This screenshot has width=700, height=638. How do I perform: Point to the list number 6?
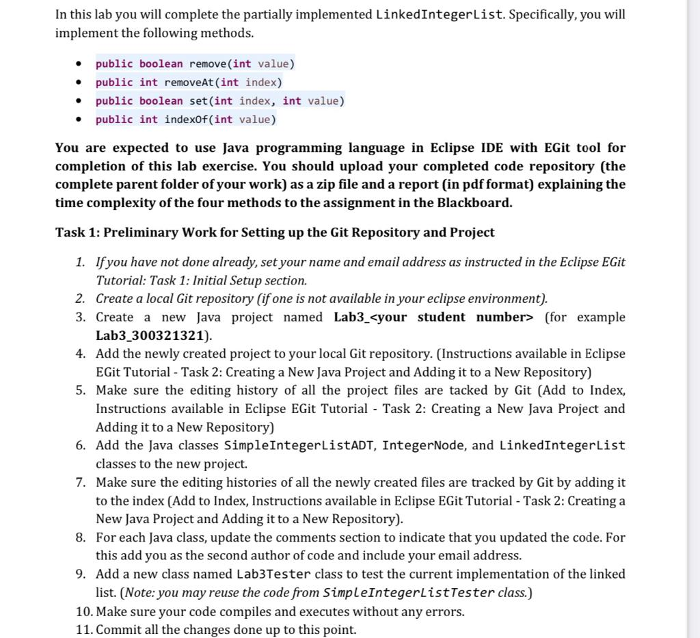(x=81, y=446)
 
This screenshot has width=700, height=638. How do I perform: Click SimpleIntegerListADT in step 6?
(x=298, y=446)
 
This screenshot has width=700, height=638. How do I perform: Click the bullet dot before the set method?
(x=80, y=101)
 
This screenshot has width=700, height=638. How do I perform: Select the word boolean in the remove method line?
(x=161, y=64)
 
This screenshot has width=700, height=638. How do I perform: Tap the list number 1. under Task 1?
(x=81, y=263)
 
